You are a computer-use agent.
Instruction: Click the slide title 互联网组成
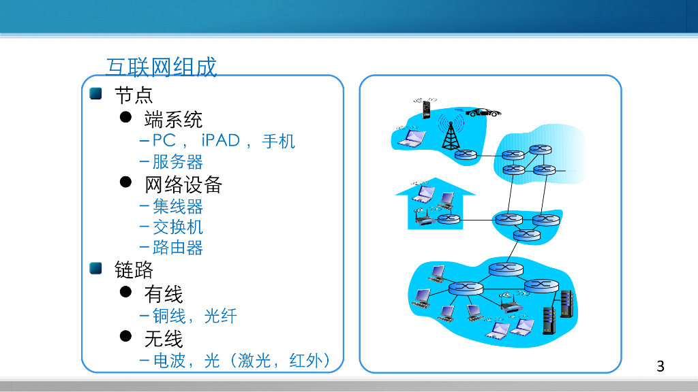(x=161, y=67)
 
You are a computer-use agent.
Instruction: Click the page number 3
(x=660, y=366)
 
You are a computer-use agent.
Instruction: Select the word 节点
(x=134, y=95)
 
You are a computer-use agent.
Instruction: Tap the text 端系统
(x=173, y=120)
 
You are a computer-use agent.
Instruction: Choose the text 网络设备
(x=183, y=184)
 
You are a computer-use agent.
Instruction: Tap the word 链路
(x=134, y=270)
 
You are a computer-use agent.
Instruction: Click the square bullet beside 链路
(x=95, y=269)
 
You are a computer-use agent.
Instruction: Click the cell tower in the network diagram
(x=450, y=133)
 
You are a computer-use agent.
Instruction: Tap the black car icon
(x=483, y=112)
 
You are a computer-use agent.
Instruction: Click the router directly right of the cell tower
(x=466, y=155)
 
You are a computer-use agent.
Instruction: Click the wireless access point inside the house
(x=423, y=219)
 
